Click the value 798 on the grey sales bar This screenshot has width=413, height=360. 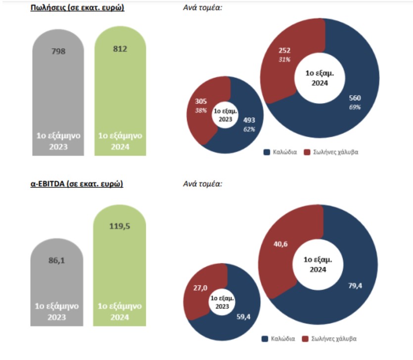(58, 51)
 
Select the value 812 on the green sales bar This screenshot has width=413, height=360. (120, 49)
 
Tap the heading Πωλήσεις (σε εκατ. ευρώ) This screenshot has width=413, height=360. (77, 9)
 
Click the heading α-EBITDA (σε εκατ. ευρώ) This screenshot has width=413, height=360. (77, 184)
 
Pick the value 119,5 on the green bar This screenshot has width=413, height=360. (120, 226)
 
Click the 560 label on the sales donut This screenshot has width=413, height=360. (355, 98)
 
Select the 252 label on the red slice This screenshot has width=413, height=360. (284, 51)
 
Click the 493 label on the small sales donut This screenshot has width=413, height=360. (249, 120)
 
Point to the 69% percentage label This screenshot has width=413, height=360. (355, 107)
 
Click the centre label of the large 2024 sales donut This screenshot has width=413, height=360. (320, 78)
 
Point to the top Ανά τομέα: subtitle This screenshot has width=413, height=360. (203, 9)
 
